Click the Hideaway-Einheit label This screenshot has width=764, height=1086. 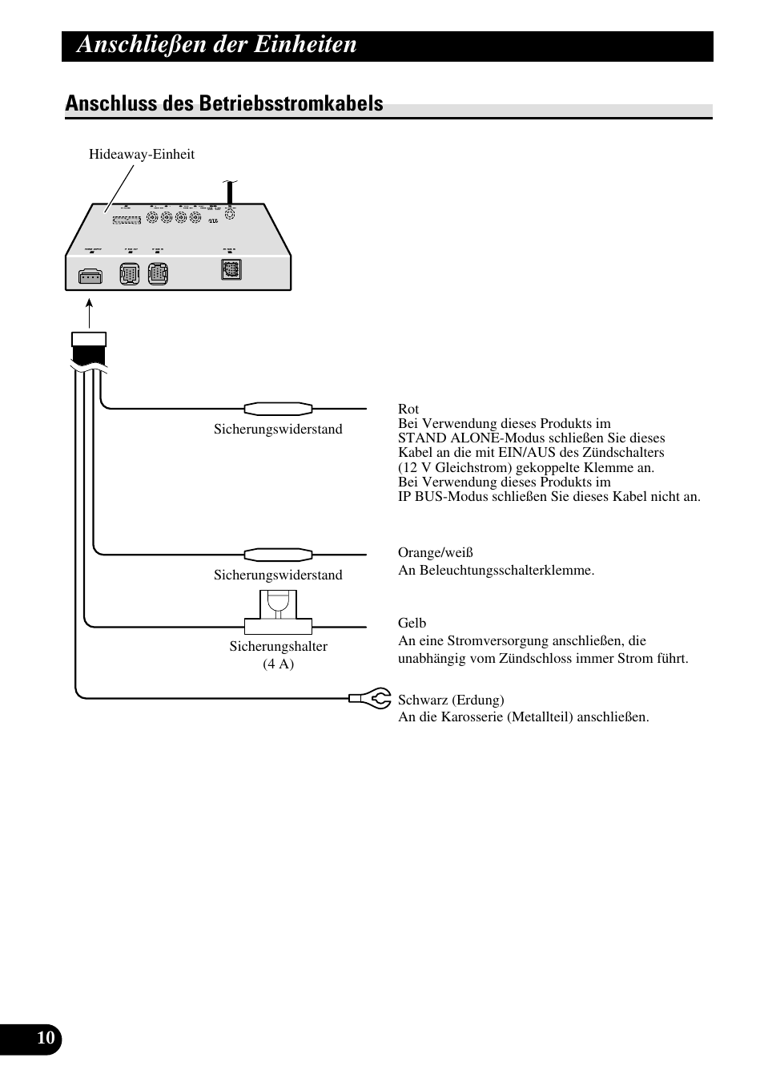point(141,155)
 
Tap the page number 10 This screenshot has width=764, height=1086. point(46,1039)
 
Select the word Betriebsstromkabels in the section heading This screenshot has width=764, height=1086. point(293,103)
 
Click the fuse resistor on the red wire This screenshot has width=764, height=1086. point(278,409)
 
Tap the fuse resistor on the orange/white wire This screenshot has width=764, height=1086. point(278,554)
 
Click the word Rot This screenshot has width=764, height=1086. point(408,409)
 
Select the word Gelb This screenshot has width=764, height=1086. point(412,623)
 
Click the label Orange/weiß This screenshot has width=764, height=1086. point(435,552)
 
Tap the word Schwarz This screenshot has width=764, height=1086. point(424,700)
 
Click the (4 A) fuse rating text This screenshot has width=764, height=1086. point(278,664)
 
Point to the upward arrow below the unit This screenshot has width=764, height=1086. point(89,313)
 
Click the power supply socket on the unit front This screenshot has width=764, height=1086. point(90,277)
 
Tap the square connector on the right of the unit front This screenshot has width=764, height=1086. point(231,270)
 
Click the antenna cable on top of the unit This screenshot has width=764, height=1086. point(230,192)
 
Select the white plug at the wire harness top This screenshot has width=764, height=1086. point(89,339)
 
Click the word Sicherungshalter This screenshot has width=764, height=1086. point(278,646)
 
